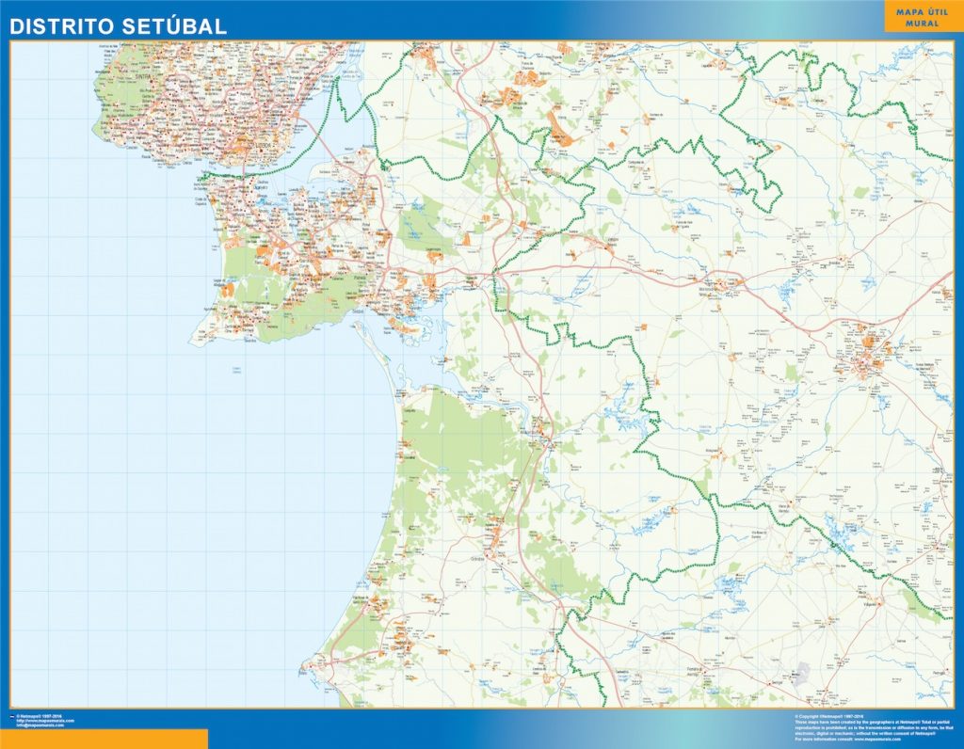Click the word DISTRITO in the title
pyautogui.click(x=61, y=26)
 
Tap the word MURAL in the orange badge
pyautogui.click(x=924, y=23)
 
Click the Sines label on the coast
pyautogui.click(x=308, y=672)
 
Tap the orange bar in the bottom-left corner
pyautogui.click(x=104, y=739)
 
